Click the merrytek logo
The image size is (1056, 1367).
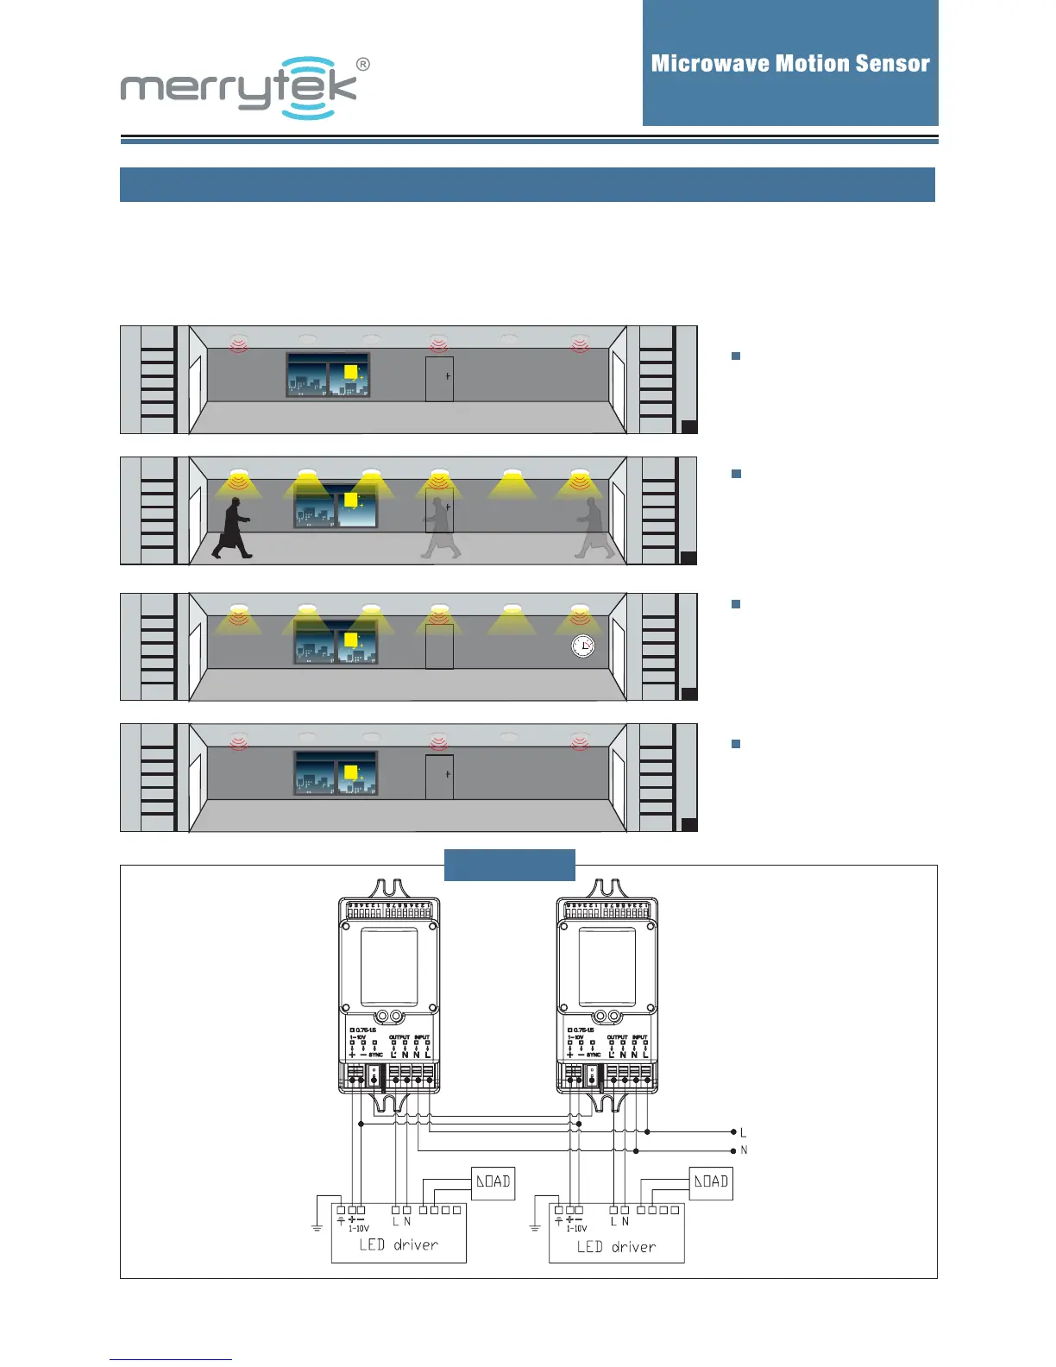239,88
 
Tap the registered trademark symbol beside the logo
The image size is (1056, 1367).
363,65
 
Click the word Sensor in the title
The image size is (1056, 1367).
892,64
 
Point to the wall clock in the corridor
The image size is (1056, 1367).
583,646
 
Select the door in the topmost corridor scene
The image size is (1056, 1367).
439,379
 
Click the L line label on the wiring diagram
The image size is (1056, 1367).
743,1132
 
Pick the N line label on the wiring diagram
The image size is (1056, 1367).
744,1150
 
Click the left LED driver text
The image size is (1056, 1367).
399,1244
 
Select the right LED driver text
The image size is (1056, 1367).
616,1246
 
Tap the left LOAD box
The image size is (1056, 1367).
493,1181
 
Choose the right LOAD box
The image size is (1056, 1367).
711,1181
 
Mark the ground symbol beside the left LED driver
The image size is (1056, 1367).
317,1226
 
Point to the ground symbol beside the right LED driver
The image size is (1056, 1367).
535,1226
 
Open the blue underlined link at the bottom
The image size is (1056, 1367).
171,1359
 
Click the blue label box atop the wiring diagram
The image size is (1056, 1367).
509,865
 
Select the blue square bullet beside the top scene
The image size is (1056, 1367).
736,356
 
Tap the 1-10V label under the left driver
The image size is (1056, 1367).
358,1228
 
